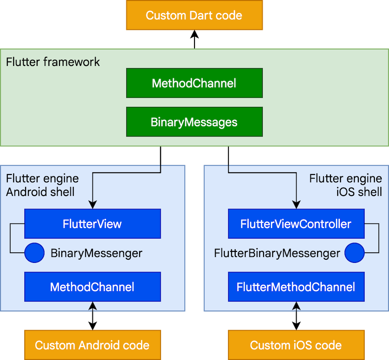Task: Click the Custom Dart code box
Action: [x=194, y=16]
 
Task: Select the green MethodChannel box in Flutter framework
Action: [x=194, y=83]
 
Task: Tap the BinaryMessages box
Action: [x=194, y=122]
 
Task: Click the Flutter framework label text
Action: [x=53, y=62]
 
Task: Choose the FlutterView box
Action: [x=92, y=224]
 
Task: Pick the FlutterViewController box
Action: [x=296, y=224]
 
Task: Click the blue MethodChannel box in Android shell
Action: [x=92, y=287]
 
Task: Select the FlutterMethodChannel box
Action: [x=296, y=287]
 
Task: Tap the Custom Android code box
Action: [x=92, y=345]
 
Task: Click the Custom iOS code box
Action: [x=296, y=345]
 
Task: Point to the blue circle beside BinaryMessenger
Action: [x=34, y=253]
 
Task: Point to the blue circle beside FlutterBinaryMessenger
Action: [x=354, y=253]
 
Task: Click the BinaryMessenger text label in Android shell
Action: [x=97, y=253]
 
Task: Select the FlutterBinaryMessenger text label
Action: [x=277, y=253]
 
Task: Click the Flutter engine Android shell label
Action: [x=42, y=185]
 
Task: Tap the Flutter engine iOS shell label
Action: [x=346, y=185]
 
